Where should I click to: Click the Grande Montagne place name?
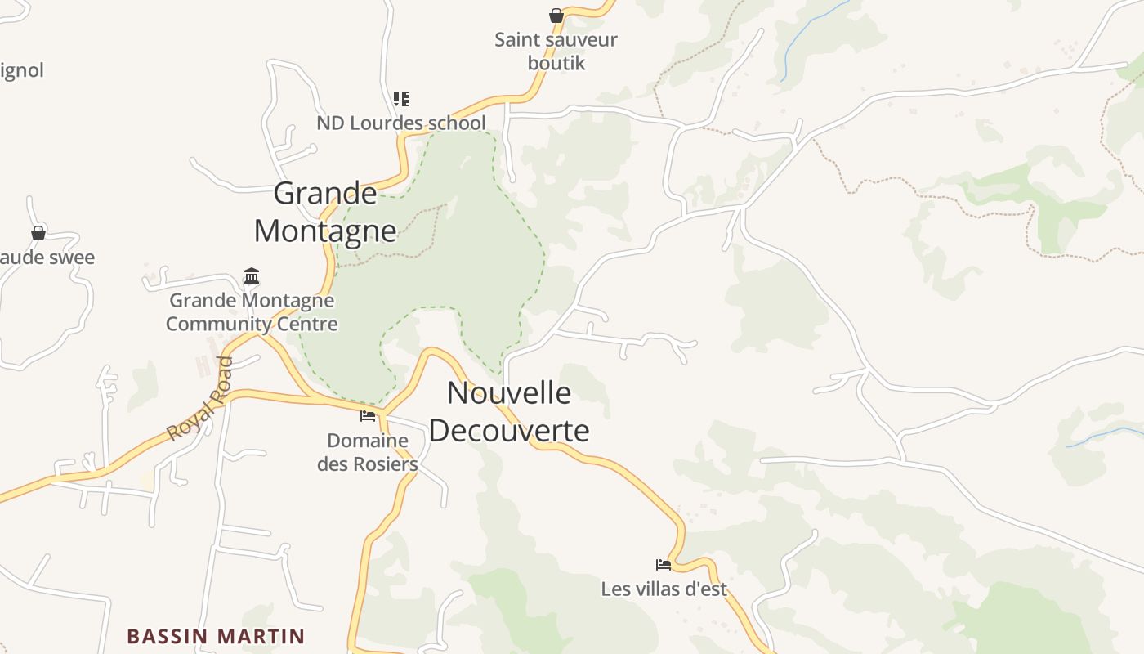(325, 213)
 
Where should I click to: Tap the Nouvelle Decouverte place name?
(508, 411)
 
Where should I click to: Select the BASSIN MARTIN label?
(216, 636)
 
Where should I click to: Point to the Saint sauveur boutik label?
(556, 51)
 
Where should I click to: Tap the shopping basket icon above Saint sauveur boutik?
(556, 16)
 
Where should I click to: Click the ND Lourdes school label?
(401, 123)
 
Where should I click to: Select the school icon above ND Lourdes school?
(400, 99)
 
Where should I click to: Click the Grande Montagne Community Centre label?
(252, 312)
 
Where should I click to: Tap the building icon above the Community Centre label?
(252, 275)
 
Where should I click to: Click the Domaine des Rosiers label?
(368, 452)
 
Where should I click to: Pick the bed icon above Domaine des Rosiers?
(368, 416)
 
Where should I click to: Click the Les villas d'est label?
(664, 589)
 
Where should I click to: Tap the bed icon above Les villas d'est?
(664, 564)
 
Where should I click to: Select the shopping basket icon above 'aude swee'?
(38, 233)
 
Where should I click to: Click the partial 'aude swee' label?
(47, 258)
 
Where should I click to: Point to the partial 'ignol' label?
(22, 70)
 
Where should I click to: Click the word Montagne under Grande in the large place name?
(325, 231)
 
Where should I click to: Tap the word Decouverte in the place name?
(508, 431)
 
